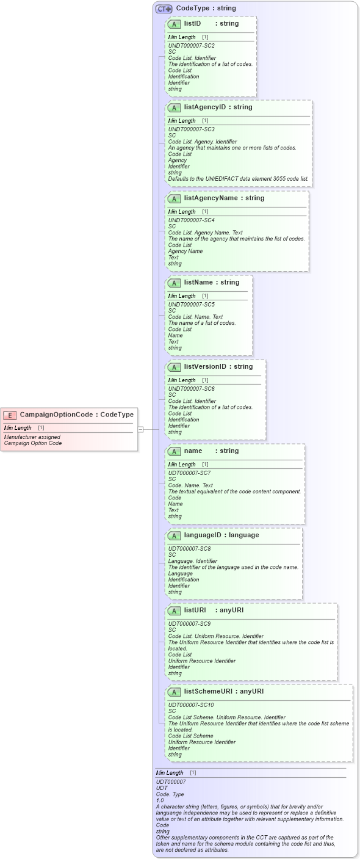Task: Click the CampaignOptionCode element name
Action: point(57,415)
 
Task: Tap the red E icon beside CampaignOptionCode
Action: point(10,415)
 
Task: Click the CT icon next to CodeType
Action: point(164,9)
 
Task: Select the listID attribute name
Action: point(192,23)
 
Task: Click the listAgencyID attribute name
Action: point(204,107)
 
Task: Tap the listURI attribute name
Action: point(195,610)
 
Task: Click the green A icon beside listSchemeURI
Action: point(174,692)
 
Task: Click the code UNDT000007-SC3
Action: point(191,129)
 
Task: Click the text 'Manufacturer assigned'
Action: point(32,437)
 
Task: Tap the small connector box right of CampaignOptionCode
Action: point(140,429)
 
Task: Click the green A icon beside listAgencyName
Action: point(174,198)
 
